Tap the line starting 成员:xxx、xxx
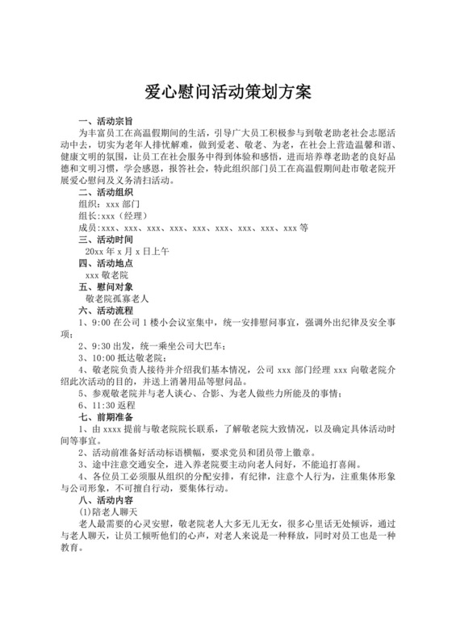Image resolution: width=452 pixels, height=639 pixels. coord(194,228)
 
